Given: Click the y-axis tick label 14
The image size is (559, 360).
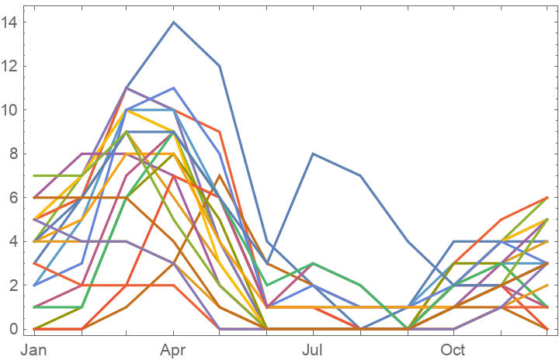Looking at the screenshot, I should pyautogui.click(x=9, y=22).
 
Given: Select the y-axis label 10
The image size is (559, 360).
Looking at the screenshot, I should pyautogui.click(x=9, y=110).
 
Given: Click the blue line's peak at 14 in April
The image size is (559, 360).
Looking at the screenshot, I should pyautogui.click(x=173, y=22).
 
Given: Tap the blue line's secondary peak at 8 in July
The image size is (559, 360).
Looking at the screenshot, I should pyautogui.click(x=313, y=154).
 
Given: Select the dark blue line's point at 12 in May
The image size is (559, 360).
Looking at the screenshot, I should pyautogui.click(x=220, y=66).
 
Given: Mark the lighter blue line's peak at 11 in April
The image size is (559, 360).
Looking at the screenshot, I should pyautogui.click(x=173, y=88).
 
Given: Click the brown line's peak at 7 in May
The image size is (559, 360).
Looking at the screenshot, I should pyautogui.click(x=220, y=175).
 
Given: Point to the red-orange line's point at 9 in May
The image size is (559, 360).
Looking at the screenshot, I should pyautogui.click(x=220, y=132).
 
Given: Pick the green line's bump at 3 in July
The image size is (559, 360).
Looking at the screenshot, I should pyautogui.click(x=313, y=263).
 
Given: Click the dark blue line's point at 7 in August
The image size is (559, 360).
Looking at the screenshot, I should pyautogui.click(x=360, y=175).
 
